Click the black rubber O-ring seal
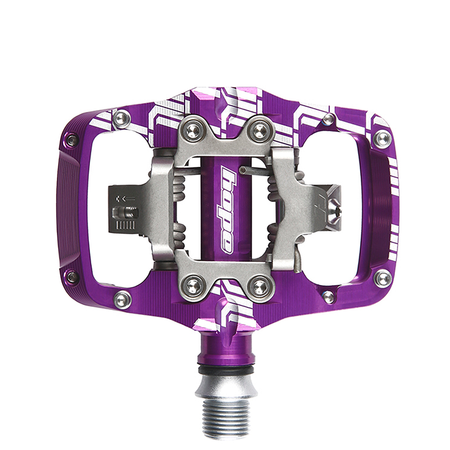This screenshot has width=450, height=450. point(226,369)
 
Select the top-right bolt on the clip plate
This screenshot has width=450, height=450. point(260,131)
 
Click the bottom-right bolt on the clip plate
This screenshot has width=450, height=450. point(260,286)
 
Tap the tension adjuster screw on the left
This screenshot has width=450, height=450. point(126,212)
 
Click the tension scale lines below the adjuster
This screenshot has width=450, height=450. point(126,225)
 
